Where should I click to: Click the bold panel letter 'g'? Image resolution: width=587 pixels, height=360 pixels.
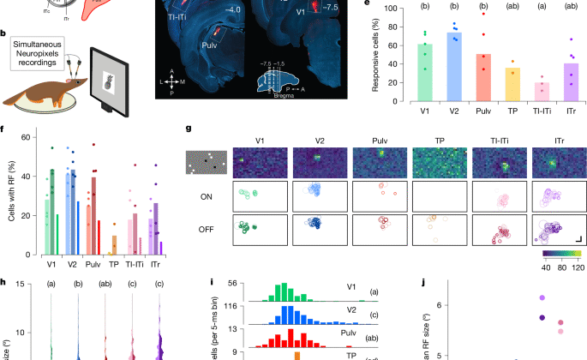pyautogui.click(x=189, y=129)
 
